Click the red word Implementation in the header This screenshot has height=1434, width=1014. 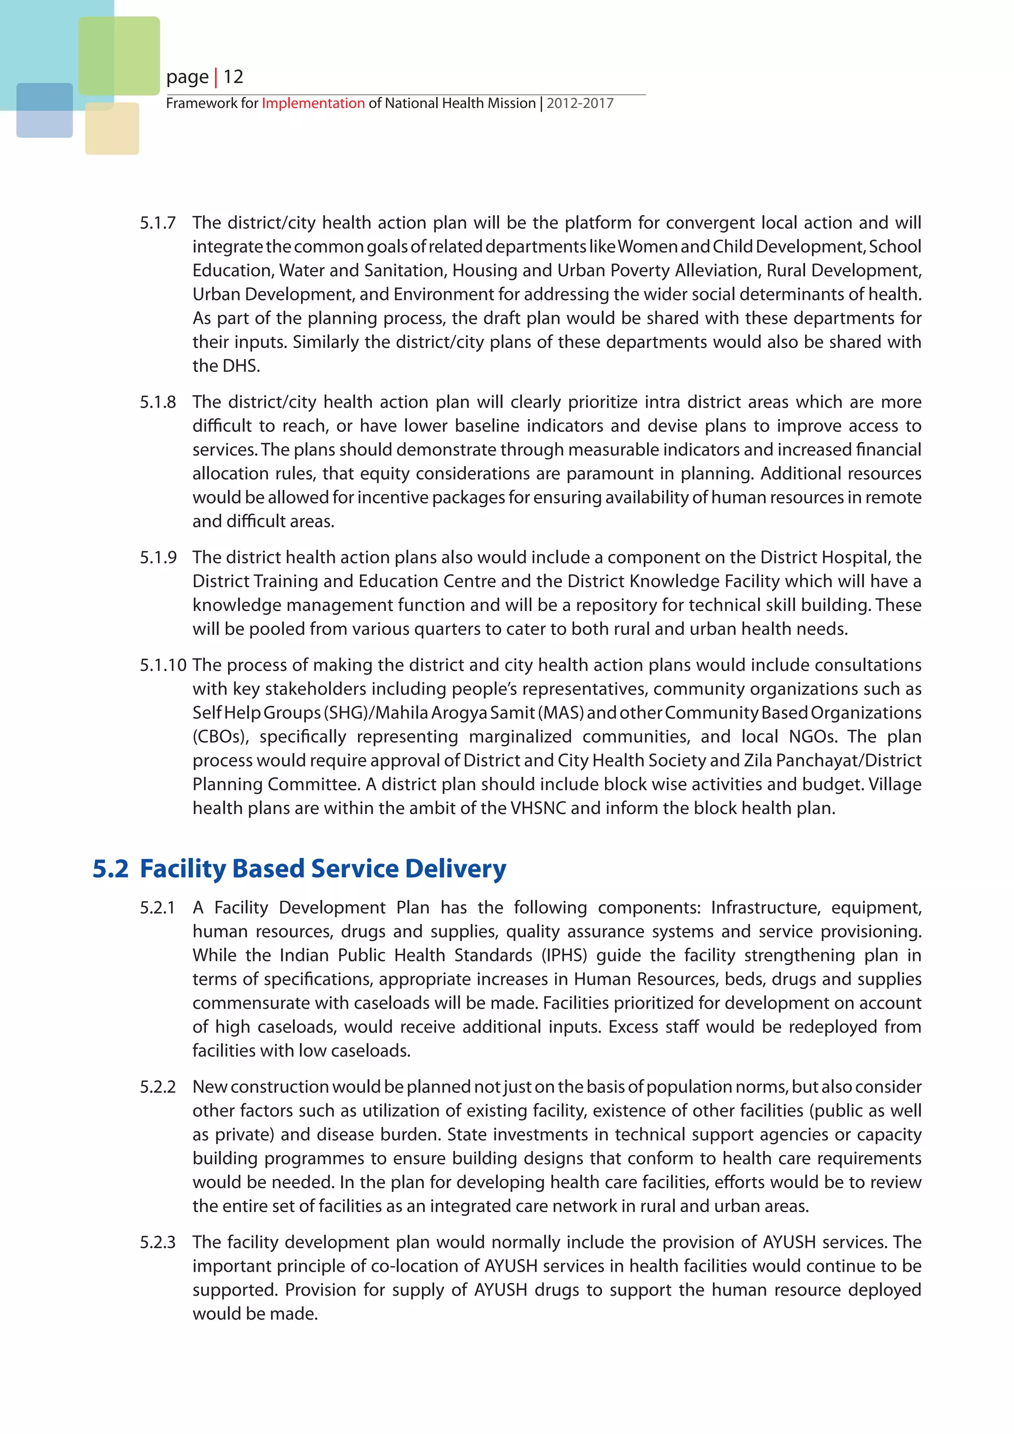[313, 103]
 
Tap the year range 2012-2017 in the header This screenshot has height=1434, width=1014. [580, 103]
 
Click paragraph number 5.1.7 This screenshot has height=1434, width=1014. [157, 223]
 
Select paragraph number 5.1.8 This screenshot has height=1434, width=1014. [157, 402]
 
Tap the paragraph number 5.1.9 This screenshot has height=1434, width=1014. [157, 557]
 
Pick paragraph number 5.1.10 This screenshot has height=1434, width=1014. [162, 665]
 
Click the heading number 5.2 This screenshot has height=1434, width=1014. [110, 869]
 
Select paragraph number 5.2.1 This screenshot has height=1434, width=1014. [157, 908]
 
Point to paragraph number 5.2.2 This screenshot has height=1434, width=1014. [157, 1087]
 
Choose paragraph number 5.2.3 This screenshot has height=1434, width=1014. [157, 1242]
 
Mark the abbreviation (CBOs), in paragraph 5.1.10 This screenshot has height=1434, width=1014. [220, 737]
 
